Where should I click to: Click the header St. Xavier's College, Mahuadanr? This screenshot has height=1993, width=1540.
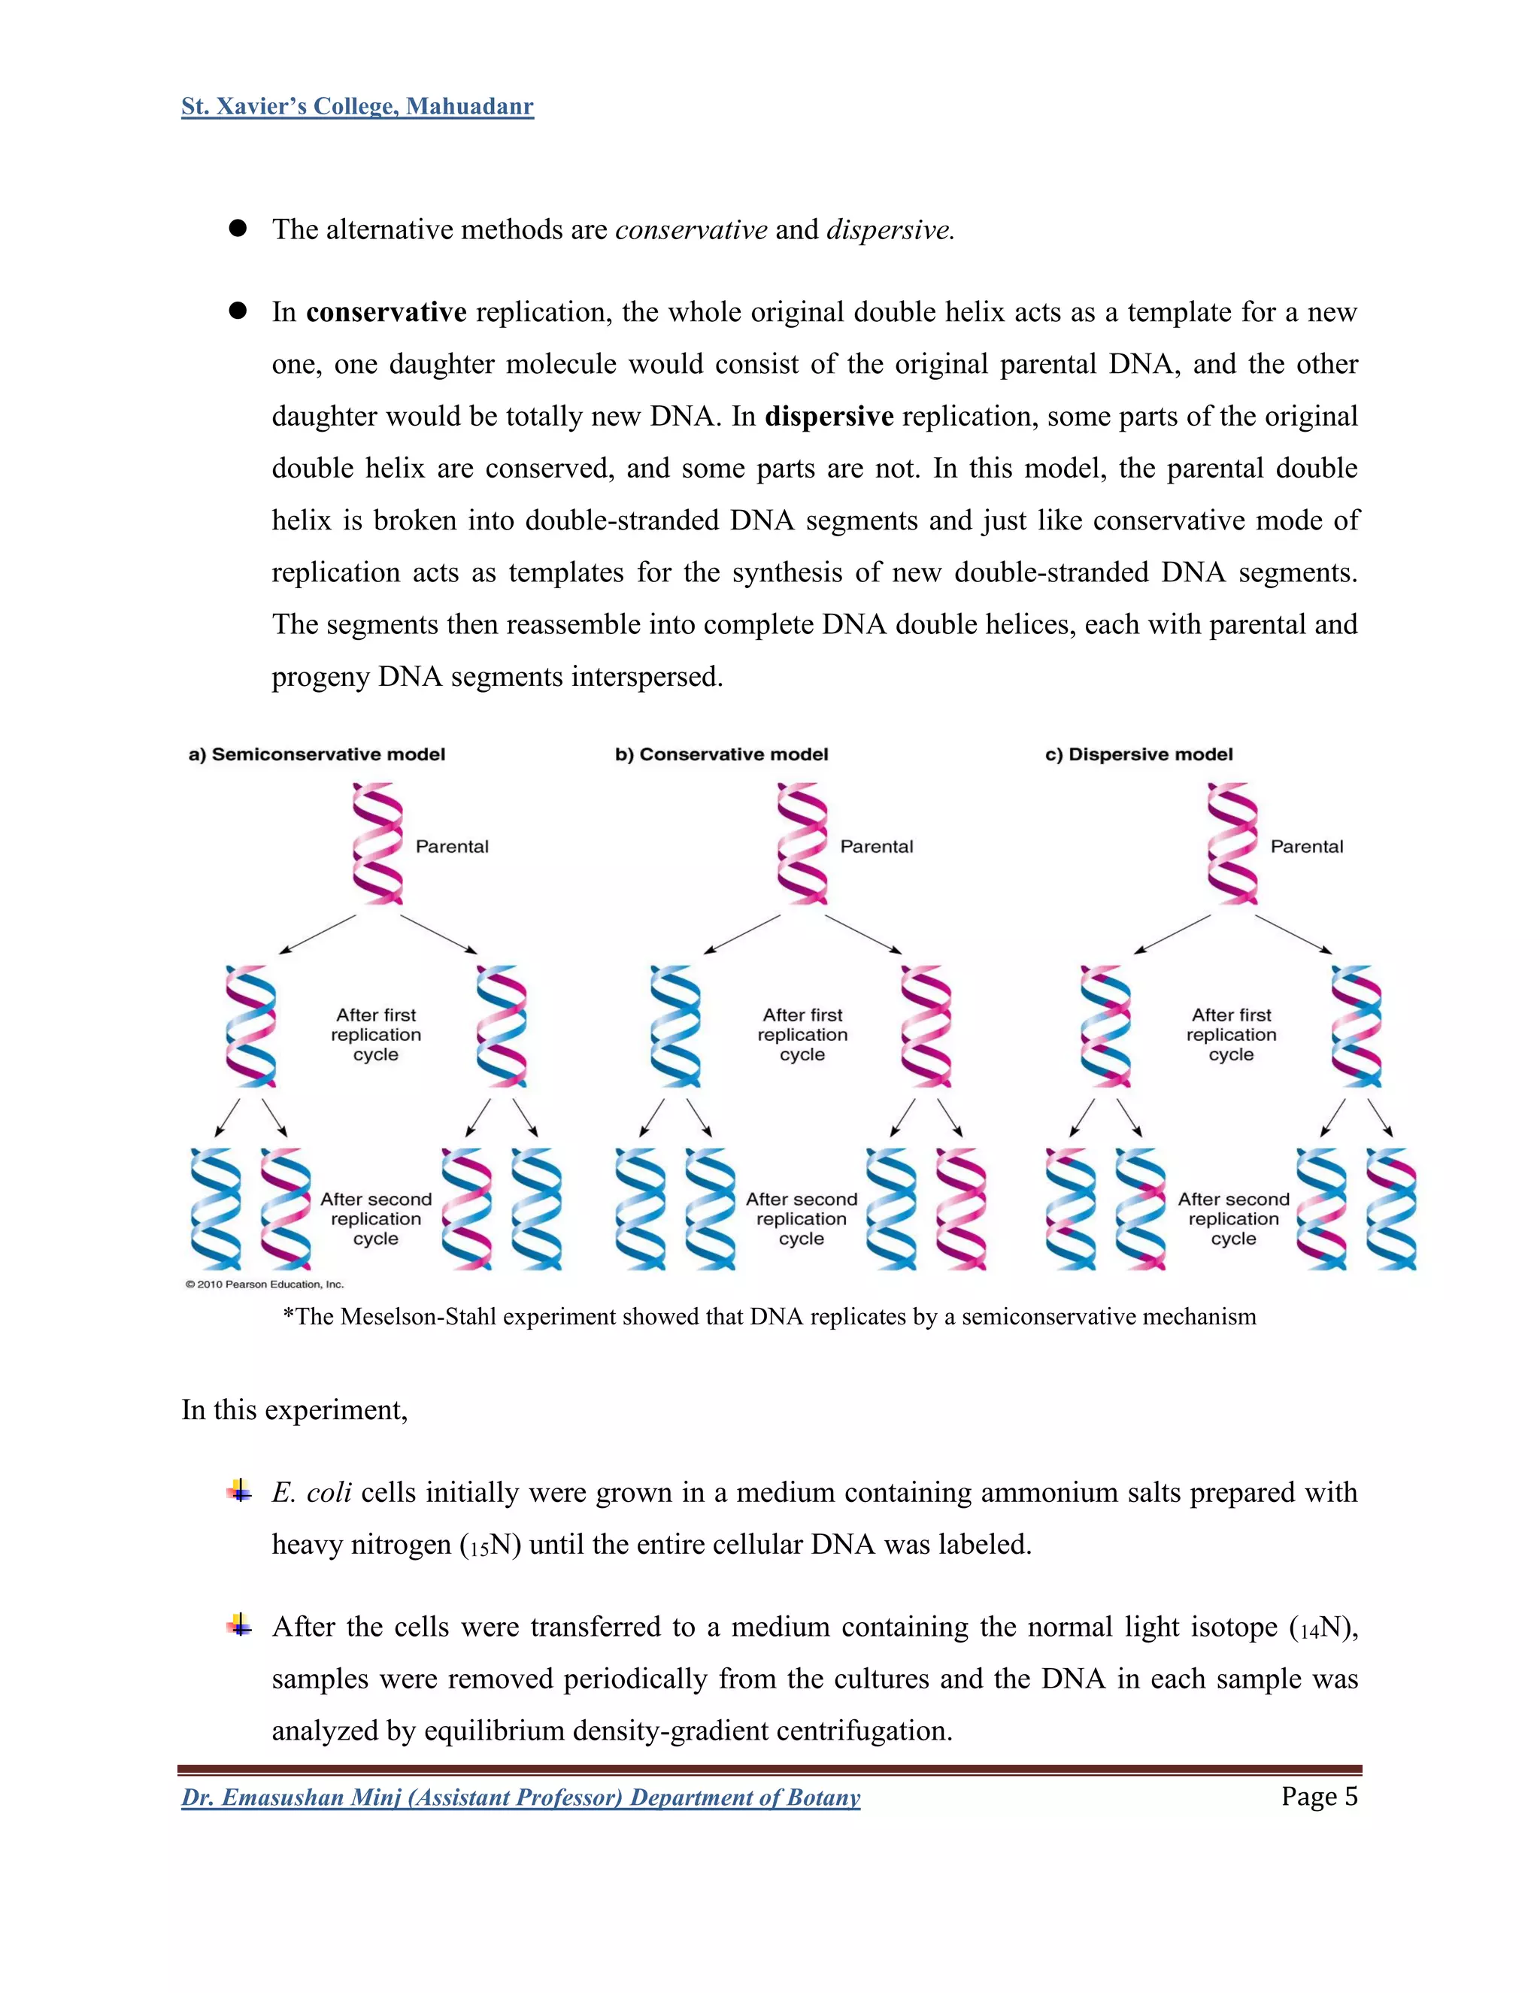click(x=356, y=107)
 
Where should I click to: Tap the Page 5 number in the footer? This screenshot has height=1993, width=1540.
click(x=1318, y=1796)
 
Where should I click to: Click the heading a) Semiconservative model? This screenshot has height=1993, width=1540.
click(x=317, y=754)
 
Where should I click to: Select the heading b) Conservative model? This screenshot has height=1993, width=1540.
click(x=722, y=754)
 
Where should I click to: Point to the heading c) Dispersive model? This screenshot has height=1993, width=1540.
click(x=1138, y=754)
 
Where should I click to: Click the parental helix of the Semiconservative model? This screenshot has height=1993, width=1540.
click(x=377, y=843)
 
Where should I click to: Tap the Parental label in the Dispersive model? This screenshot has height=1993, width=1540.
click(x=1306, y=847)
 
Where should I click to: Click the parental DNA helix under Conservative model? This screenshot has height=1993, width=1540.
click(x=802, y=843)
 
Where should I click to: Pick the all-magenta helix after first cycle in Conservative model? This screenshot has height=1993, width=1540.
click(x=925, y=1027)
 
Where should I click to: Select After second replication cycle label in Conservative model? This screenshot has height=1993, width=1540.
click(x=802, y=1219)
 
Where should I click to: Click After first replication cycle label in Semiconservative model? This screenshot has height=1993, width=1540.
click(x=376, y=1035)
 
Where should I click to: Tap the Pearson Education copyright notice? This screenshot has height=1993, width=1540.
click(x=265, y=1284)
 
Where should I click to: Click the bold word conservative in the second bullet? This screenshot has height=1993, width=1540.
click(x=386, y=312)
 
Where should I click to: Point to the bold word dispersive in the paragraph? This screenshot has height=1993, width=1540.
click(x=829, y=416)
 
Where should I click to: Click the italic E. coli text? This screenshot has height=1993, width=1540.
click(x=311, y=1492)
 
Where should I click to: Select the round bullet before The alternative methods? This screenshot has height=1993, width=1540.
click(x=238, y=229)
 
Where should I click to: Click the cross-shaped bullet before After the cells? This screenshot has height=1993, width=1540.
click(x=239, y=1624)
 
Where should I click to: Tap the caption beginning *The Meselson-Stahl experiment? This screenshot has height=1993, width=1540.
click(x=769, y=1317)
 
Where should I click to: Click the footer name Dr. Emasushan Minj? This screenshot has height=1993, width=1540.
click(x=291, y=1797)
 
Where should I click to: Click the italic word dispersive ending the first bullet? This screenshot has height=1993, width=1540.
click(x=889, y=230)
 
